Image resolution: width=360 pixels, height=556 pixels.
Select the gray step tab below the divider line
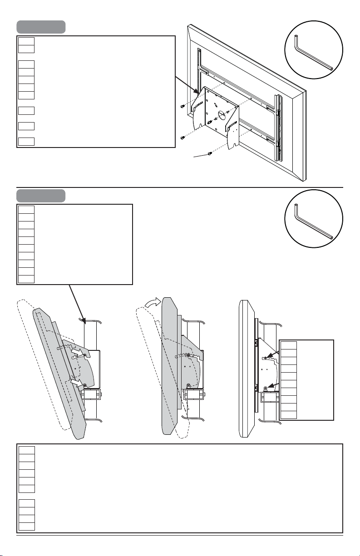click(x=41, y=196)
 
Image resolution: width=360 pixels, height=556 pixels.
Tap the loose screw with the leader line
click(x=210, y=153)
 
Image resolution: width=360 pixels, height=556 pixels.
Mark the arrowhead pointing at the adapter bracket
click(x=196, y=91)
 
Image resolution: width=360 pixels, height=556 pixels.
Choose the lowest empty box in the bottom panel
click(x=26, y=526)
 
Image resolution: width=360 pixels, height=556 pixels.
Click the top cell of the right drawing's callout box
click(x=289, y=345)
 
